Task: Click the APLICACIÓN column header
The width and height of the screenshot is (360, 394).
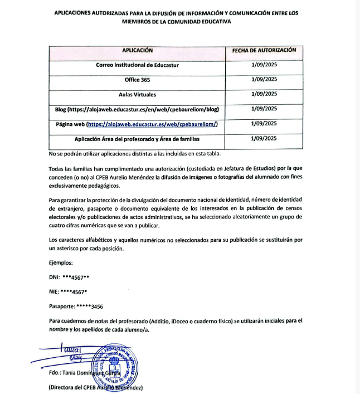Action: tap(137, 50)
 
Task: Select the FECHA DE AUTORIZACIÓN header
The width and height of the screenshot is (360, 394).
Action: tap(264, 50)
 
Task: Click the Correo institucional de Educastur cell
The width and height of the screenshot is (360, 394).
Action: tap(137, 65)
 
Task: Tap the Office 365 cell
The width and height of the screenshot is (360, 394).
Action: tap(137, 80)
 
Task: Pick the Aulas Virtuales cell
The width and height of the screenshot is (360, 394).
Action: tap(137, 94)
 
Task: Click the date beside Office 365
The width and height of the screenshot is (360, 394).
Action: tap(264, 80)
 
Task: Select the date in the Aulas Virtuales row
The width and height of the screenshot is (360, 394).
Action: tap(264, 94)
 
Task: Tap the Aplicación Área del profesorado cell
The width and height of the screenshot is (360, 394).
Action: tap(137, 139)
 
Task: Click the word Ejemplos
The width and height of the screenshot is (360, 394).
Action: tap(61, 262)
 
